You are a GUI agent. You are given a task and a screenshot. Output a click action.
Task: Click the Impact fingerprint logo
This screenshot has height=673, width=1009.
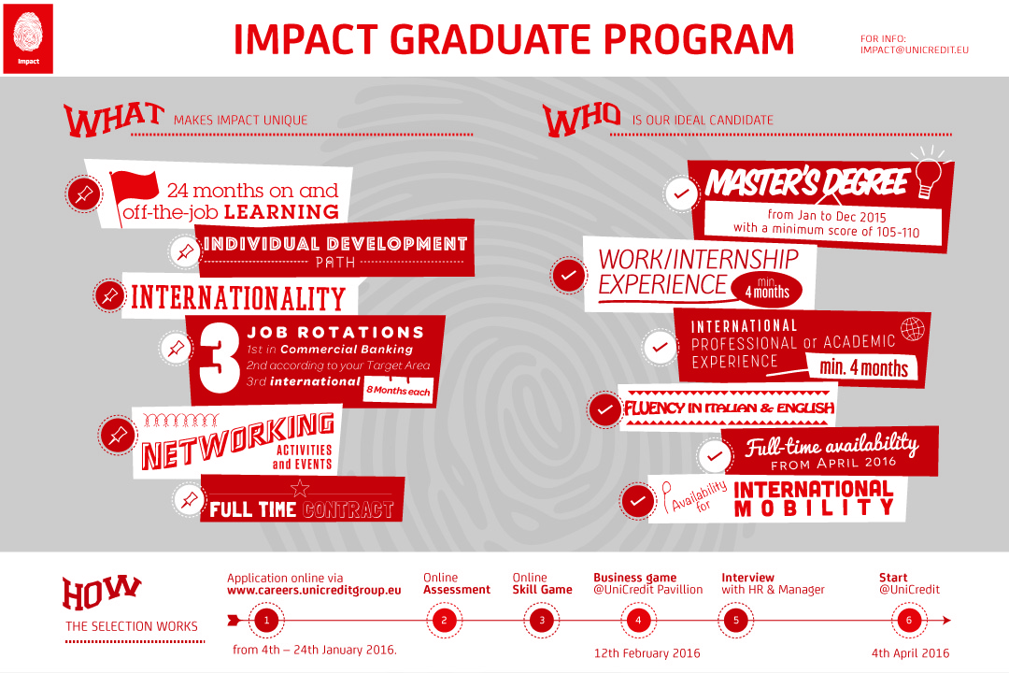[28, 38]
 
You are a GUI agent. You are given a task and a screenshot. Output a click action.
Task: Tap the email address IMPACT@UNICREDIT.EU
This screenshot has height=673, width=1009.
[914, 50]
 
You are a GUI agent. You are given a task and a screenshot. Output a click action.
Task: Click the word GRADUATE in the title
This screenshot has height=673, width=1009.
[491, 39]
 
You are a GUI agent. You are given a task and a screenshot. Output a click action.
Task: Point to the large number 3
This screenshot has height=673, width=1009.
[219, 357]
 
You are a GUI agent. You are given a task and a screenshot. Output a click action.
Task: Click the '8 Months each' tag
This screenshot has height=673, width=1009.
[398, 390]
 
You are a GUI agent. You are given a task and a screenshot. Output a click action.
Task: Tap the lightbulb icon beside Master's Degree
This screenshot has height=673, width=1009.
[928, 173]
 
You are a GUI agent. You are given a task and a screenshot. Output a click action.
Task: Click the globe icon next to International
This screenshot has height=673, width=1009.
[913, 329]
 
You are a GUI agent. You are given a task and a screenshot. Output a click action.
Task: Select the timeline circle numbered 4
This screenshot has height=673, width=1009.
[638, 621]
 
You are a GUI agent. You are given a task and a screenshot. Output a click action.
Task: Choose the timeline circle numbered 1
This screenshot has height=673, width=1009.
[266, 621]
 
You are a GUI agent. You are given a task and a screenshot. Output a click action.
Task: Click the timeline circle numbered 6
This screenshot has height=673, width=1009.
[909, 621]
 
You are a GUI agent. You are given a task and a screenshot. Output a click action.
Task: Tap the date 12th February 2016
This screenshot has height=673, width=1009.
[647, 653]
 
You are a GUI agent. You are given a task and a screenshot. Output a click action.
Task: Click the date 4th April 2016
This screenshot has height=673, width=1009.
[911, 653]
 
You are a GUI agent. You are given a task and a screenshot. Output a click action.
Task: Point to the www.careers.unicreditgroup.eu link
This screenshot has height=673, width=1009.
[314, 590]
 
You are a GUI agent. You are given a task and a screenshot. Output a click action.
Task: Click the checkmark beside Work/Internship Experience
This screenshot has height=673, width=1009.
[569, 275]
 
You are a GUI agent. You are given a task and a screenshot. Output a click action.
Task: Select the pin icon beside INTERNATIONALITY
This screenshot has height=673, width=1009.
[110, 295]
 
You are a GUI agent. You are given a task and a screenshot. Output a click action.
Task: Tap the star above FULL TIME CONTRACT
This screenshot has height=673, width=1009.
[300, 488]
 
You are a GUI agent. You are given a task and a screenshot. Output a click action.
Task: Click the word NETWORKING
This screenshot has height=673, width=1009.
[238, 440]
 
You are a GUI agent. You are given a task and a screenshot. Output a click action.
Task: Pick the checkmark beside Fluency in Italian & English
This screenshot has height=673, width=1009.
[604, 409]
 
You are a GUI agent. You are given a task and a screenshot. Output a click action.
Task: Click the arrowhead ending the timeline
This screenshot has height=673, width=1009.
[945, 621]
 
